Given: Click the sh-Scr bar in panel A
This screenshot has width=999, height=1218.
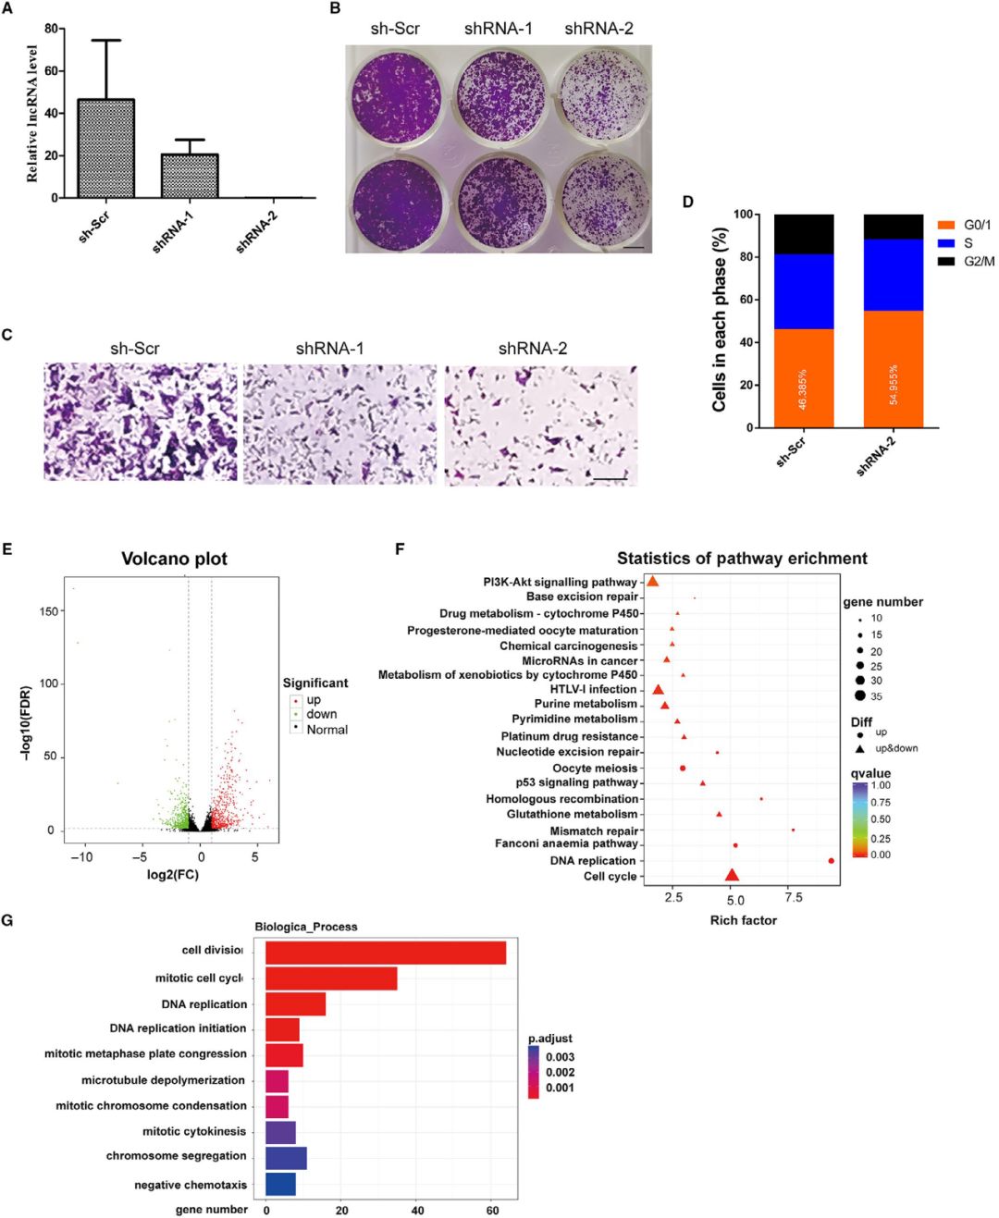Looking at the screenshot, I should tap(106, 148).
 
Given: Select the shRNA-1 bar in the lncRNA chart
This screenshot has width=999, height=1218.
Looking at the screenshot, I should tap(190, 176).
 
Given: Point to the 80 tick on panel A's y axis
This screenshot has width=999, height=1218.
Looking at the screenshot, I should tap(52, 29).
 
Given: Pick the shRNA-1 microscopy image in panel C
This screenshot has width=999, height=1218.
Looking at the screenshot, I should tap(339, 424).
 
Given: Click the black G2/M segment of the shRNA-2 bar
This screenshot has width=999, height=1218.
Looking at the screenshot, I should tap(894, 227).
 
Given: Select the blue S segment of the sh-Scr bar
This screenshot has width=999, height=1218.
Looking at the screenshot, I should tap(804, 291).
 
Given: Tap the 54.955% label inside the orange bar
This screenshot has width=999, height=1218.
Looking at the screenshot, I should tap(894, 384).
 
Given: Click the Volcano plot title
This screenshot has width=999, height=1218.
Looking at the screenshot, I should tap(174, 559).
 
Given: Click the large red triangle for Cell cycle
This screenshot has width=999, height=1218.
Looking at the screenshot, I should tap(732, 875).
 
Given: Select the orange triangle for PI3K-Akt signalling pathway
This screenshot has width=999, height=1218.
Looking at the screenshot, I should tap(652, 581).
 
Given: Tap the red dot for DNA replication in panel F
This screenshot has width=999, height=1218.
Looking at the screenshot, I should tap(831, 861).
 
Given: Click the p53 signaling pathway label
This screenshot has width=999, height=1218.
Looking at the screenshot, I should tap(577, 782).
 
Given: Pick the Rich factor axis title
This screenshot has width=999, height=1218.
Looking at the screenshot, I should tap(743, 920).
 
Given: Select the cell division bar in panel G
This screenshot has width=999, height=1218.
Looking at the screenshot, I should tap(386, 953).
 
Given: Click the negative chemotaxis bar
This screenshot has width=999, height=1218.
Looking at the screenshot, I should tap(280, 1184).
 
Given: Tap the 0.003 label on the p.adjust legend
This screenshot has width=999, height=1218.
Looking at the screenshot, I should tap(560, 1057).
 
